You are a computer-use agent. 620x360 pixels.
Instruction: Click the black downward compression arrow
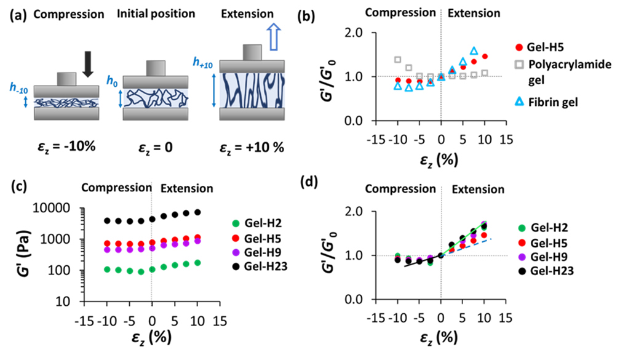88,64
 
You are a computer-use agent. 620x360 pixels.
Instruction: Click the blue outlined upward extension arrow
274,36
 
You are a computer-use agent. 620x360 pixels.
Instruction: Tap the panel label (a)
18,15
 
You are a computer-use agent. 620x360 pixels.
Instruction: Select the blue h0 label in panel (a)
112,81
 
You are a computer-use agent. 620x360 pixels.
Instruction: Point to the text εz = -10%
66,147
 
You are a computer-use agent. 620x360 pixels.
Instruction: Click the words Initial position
156,14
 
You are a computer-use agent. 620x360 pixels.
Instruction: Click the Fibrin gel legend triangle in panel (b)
520,102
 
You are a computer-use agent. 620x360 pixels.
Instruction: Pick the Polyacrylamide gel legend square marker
520,64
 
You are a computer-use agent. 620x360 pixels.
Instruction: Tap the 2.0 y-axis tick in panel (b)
354,33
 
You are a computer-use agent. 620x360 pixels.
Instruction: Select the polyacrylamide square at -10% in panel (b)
398,60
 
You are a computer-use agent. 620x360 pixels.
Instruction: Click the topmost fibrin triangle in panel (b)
474,50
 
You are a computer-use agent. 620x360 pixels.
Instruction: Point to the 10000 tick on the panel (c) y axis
57,208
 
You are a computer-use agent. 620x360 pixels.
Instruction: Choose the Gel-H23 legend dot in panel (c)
236,266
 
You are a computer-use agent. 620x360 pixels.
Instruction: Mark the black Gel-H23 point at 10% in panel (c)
197,212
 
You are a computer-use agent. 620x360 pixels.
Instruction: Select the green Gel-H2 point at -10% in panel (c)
107,270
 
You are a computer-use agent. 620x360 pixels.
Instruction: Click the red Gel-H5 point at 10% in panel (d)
484,235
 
